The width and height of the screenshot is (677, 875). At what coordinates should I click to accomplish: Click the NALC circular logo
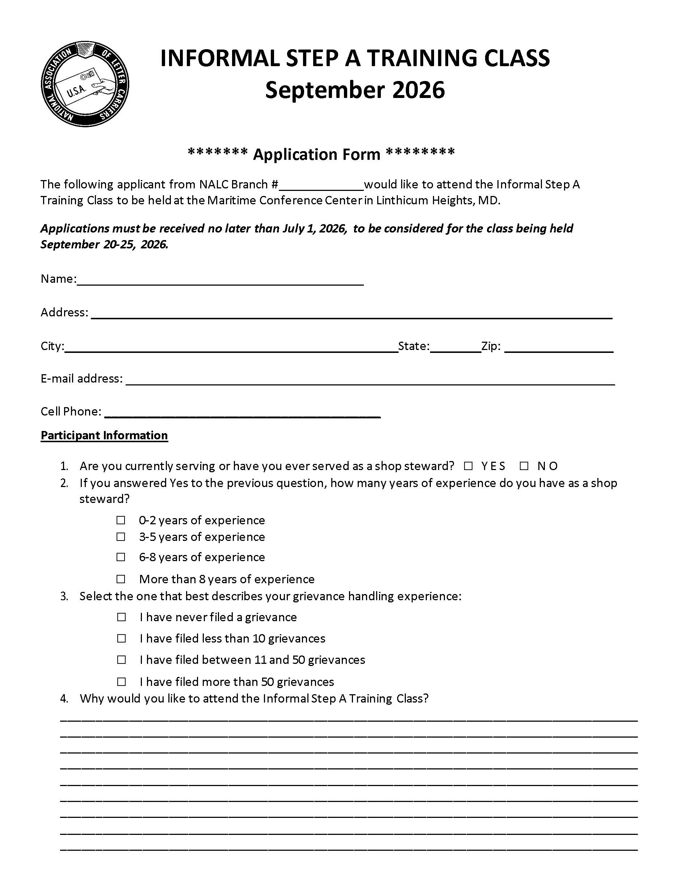pyautogui.click(x=85, y=84)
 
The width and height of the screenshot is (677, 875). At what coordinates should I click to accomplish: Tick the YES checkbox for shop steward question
pyautogui.click(x=468, y=466)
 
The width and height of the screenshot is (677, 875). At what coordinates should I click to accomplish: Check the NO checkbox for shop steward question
pyautogui.click(x=524, y=466)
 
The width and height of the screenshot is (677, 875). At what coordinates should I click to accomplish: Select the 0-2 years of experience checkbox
pyautogui.click(x=121, y=520)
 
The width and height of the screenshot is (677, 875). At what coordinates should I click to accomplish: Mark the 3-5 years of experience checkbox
pyautogui.click(x=121, y=537)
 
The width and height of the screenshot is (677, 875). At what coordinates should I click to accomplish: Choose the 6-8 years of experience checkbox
pyautogui.click(x=121, y=557)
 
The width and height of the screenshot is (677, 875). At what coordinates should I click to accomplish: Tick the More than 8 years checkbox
pyautogui.click(x=121, y=579)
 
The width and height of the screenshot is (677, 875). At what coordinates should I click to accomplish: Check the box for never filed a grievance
pyautogui.click(x=121, y=617)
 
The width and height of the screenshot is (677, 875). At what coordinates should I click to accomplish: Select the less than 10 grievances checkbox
pyautogui.click(x=121, y=638)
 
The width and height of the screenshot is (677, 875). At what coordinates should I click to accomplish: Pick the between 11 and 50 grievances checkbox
pyautogui.click(x=121, y=660)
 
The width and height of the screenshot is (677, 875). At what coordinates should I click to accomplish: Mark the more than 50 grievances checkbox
pyautogui.click(x=121, y=682)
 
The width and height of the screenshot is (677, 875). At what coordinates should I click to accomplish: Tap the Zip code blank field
pyautogui.click(x=559, y=347)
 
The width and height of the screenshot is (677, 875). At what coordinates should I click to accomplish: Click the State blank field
pyautogui.click(x=455, y=347)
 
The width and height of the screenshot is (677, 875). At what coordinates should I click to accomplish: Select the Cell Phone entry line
pyautogui.click(x=242, y=413)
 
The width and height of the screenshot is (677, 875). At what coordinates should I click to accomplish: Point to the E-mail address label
pyautogui.click(x=81, y=379)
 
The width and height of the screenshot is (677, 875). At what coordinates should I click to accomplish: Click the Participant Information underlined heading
pyautogui.click(x=104, y=435)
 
